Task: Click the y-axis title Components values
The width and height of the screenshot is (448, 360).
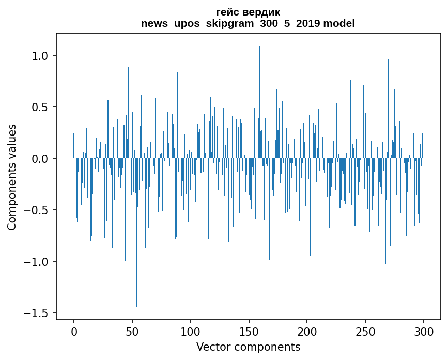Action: tap(12, 177)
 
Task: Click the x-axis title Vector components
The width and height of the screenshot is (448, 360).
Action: tap(248, 347)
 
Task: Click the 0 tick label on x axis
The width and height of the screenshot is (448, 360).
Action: tap(74, 331)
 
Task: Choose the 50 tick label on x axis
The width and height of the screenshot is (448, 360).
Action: tap(132, 331)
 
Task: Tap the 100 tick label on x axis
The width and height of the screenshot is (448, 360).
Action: tap(190, 331)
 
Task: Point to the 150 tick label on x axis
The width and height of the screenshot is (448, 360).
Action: tap(249, 331)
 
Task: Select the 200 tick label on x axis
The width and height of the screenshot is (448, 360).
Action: tap(307, 331)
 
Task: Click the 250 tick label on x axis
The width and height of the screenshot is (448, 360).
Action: tap(365, 331)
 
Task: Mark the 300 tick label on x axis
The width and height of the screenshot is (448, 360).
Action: tap(423, 331)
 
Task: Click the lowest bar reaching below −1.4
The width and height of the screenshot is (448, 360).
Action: tap(137, 290)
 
